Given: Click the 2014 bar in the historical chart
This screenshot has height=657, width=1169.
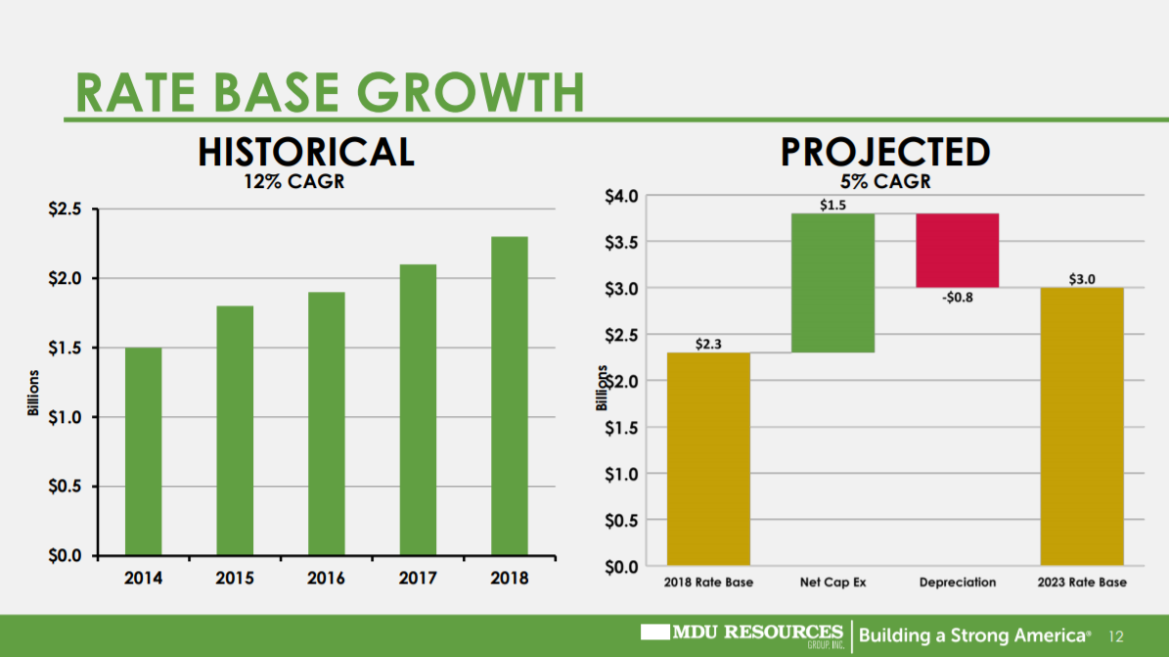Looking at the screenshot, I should [143, 451].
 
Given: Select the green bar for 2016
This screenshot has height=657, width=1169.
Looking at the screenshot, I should [326, 423].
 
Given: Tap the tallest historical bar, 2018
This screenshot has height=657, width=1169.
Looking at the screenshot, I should [509, 396].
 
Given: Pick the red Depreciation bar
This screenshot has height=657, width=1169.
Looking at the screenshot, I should [957, 250].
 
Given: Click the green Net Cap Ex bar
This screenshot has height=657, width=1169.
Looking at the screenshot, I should [832, 282].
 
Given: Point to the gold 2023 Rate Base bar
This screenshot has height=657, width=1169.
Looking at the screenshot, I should [1081, 426].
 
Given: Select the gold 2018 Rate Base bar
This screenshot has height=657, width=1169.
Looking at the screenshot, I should [708, 458].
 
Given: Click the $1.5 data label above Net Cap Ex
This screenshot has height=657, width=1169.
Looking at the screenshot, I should [832, 206].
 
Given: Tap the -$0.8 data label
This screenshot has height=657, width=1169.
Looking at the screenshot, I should [957, 298].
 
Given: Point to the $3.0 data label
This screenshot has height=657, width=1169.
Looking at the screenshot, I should [1081, 279].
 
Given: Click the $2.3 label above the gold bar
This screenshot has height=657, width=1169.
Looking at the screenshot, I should [708, 344].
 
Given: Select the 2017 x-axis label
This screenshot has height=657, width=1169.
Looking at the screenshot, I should [418, 578].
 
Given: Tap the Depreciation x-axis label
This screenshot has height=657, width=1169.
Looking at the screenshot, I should [957, 583].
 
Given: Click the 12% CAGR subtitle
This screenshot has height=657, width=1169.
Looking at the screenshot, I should [294, 182].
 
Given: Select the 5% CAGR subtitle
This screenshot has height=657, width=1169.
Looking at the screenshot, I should [885, 182].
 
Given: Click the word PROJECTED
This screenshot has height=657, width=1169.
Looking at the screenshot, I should [885, 153].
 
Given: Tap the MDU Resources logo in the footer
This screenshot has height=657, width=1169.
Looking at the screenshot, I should [742, 634].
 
